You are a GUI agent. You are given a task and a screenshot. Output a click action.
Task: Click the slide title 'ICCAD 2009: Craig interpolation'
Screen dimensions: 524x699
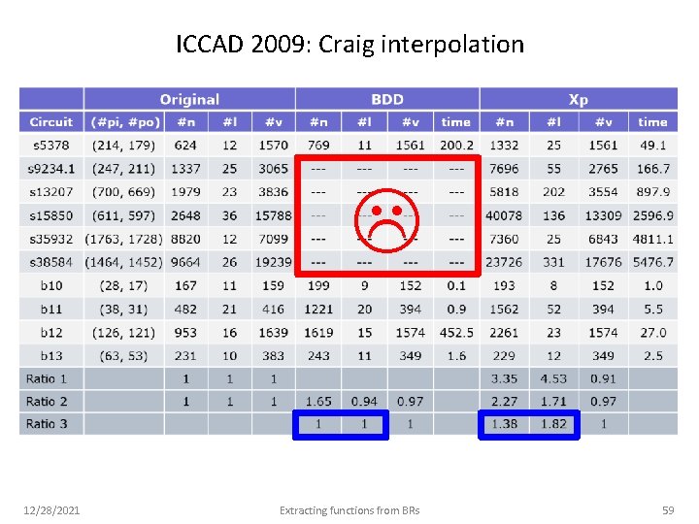pos(349,45)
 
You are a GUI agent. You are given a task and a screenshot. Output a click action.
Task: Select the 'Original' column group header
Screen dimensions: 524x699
pos(189,99)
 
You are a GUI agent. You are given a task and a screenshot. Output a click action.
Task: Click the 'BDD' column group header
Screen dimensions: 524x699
pos(387,99)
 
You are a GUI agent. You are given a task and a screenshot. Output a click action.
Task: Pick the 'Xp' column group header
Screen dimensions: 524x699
pos(578,99)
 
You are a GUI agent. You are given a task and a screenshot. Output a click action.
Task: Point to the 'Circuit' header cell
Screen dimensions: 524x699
pos(50,122)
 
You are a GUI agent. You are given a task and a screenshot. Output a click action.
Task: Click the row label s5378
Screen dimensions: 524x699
pos(50,146)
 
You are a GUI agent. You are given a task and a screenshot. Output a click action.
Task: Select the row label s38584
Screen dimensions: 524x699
pos(50,262)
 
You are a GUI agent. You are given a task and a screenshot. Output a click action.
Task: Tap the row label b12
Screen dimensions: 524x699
pos(50,332)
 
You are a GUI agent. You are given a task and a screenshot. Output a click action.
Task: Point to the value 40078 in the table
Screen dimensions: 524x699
pos(505,215)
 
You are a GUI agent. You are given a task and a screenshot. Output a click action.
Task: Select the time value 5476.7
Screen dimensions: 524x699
pos(652,262)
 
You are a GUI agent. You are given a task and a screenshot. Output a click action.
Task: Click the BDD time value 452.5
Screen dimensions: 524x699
pos(455,332)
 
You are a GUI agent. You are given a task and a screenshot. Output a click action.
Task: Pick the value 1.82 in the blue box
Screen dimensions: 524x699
pos(553,424)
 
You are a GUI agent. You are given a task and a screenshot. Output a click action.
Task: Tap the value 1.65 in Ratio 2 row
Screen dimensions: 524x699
pos(318,401)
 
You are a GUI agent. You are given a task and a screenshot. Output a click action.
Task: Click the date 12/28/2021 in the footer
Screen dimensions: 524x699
pos(53,509)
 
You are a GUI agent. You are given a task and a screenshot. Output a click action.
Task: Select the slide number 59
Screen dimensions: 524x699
pos(667,509)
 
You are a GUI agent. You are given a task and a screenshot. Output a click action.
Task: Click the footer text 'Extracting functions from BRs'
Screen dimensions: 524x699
pos(349,509)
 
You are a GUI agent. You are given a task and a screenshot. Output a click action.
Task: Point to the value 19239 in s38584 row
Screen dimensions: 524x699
pos(273,262)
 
